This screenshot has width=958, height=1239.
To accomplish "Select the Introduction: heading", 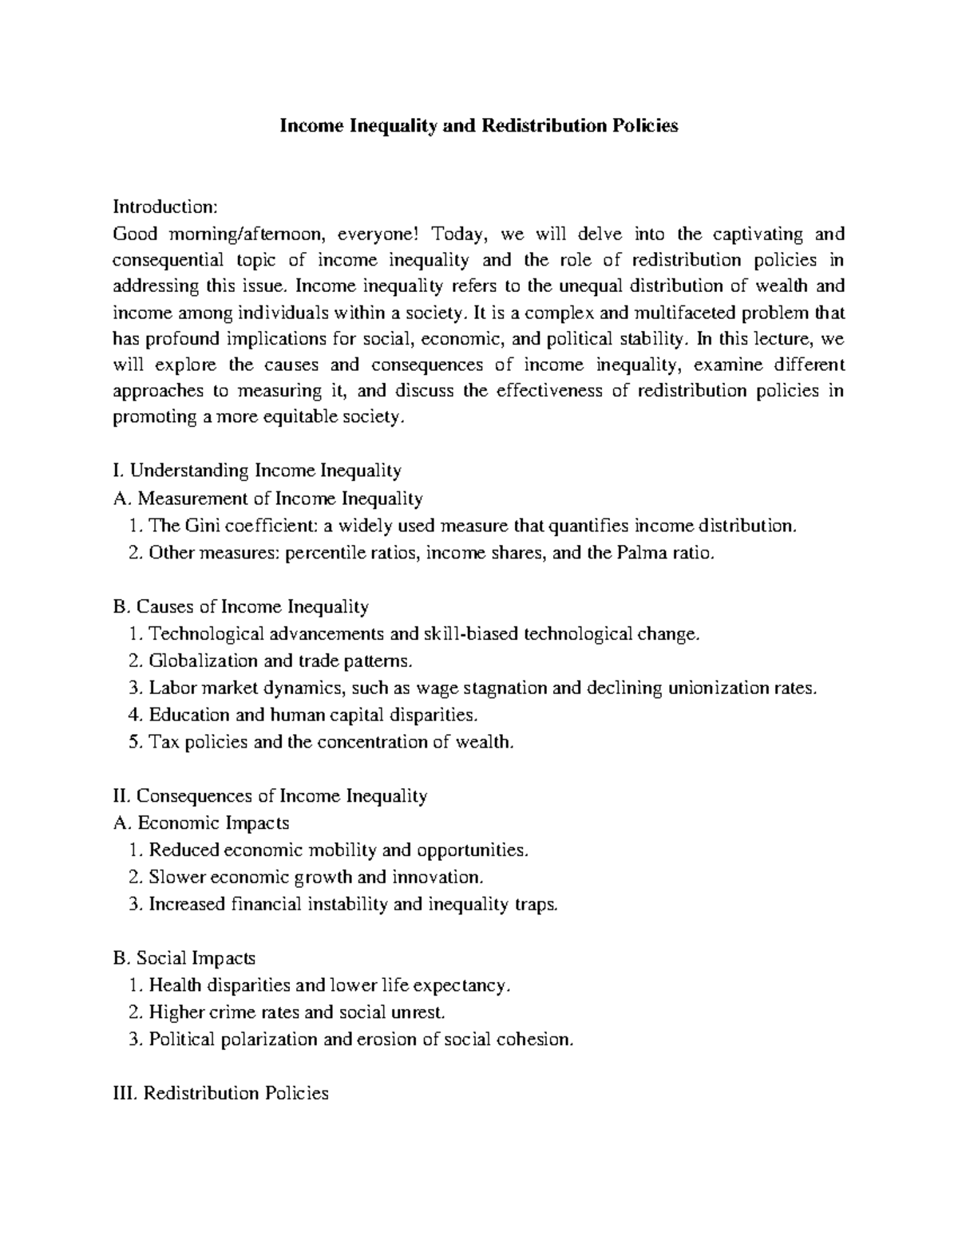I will [x=164, y=207].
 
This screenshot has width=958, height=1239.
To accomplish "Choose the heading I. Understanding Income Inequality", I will [x=258, y=471].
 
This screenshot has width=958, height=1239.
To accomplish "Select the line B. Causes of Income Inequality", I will [x=241, y=607].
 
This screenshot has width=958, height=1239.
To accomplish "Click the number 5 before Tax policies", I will [x=133, y=742].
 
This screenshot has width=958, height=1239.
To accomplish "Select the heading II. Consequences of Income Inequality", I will [x=271, y=795].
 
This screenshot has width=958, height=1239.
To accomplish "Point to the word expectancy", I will [x=459, y=985].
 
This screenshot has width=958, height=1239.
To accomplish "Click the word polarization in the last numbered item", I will [x=271, y=1040].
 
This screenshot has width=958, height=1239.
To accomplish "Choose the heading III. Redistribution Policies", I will [x=222, y=1093].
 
